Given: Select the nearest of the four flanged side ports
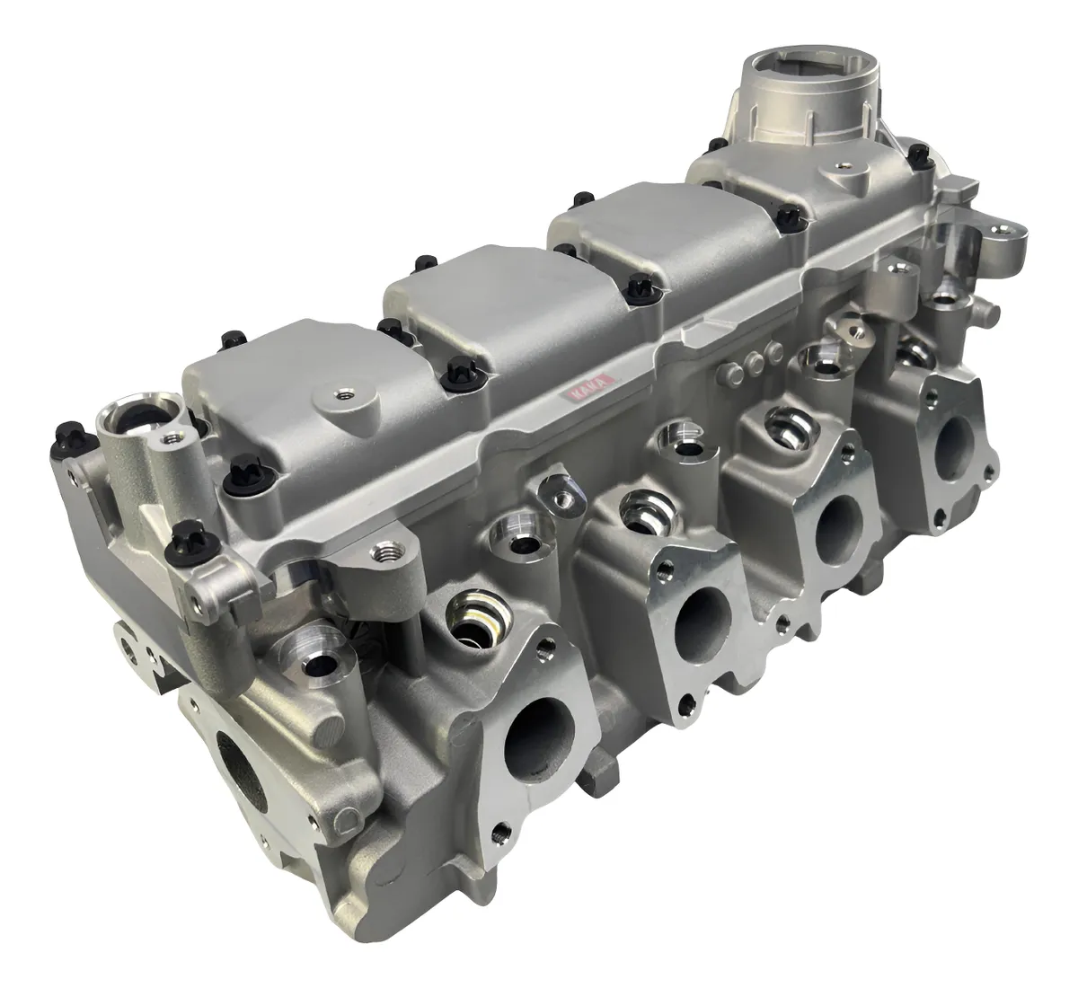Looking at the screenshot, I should click(537, 736).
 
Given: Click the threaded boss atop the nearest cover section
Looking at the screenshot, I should click(340, 392).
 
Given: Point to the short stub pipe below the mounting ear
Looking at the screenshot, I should click(985, 311).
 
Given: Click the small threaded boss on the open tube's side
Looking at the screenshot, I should click(170, 439).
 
